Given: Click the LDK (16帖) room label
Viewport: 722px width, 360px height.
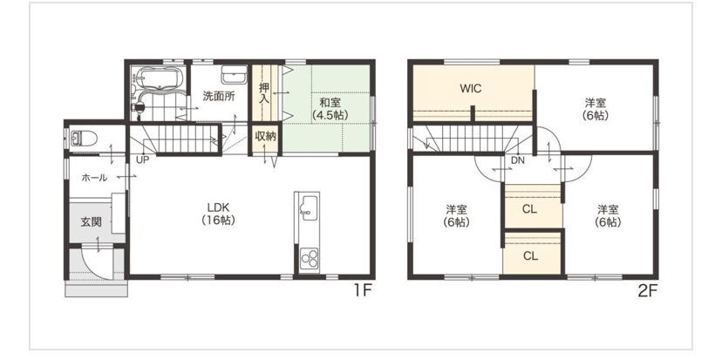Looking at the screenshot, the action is (218, 214).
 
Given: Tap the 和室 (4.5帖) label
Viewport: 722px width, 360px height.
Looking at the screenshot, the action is (330, 109).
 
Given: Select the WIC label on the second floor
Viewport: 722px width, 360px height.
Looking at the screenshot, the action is (471, 88).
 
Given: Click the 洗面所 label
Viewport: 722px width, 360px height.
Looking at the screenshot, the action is (219, 97).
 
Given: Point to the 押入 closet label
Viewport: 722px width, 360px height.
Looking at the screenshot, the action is (264, 92).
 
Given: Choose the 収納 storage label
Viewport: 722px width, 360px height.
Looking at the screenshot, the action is (264, 138).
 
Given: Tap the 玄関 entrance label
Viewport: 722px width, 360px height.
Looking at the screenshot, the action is (92, 222).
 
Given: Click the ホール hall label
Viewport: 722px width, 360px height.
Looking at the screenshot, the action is (94, 178).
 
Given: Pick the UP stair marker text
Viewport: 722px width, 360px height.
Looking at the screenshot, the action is (142, 160).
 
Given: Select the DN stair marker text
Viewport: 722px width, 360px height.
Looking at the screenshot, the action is (518, 160).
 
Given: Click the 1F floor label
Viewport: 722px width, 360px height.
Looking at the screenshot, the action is (363, 291).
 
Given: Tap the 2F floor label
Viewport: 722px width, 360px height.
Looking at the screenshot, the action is (646, 291).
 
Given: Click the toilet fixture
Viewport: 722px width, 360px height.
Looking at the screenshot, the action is (85, 138).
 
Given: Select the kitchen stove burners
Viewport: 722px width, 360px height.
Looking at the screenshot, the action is (309, 258).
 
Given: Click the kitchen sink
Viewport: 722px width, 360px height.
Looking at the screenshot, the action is (308, 206).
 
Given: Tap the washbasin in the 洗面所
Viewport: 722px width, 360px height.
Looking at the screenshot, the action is (234, 74).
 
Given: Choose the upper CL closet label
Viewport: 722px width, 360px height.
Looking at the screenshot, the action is (530, 209).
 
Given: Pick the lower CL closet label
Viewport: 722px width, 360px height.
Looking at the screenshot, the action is (530, 256).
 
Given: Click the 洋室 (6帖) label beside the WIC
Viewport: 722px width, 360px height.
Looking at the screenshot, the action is (596, 109).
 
